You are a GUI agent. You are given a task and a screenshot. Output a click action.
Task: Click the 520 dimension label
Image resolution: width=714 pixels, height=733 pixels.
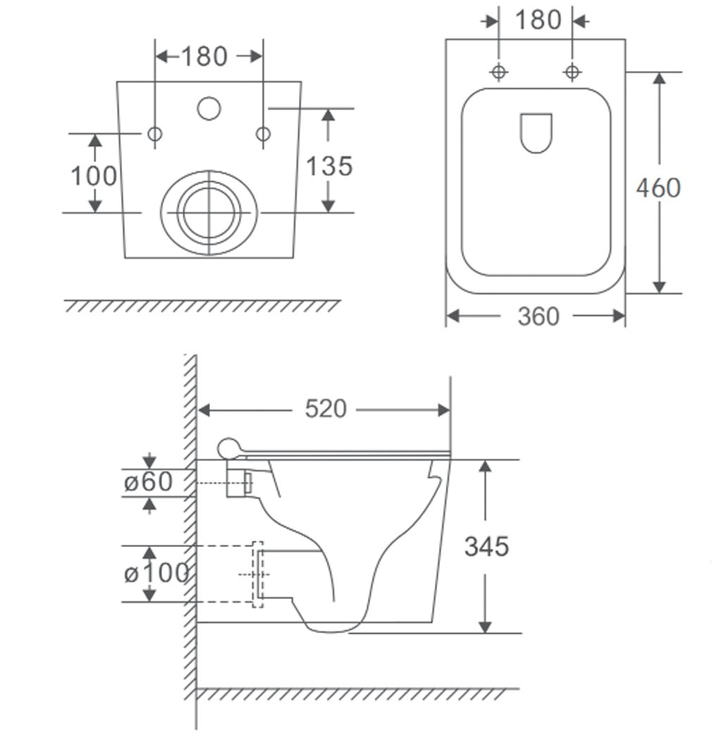[326, 409]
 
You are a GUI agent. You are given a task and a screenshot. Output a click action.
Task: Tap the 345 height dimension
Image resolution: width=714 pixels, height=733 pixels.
[486, 546]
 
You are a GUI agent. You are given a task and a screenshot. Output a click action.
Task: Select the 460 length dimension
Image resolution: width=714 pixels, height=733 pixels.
[658, 188]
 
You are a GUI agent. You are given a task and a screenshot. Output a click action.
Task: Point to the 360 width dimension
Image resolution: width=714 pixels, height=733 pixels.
[538, 316]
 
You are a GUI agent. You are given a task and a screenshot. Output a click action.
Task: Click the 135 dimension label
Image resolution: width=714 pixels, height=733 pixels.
[329, 166]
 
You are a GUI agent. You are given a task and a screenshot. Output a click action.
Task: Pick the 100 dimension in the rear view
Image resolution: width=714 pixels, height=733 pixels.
[94, 176]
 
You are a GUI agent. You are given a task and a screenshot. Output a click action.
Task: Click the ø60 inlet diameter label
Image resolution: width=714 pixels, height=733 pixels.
[148, 481]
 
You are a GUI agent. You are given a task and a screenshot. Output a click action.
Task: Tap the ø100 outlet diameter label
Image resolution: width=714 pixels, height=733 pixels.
[156, 572]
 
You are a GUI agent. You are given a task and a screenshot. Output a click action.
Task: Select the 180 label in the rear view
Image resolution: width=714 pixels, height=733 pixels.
[204, 56]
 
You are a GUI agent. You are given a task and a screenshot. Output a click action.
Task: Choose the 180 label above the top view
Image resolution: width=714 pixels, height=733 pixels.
[538, 20]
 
